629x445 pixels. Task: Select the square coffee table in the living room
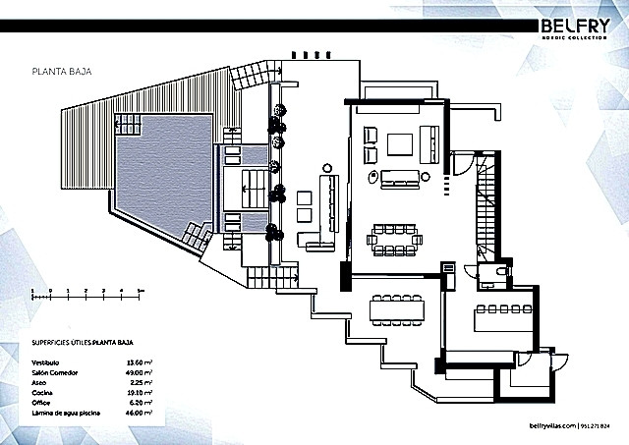click(x=400, y=145)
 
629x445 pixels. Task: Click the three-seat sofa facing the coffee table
click(x=401, y=178)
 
